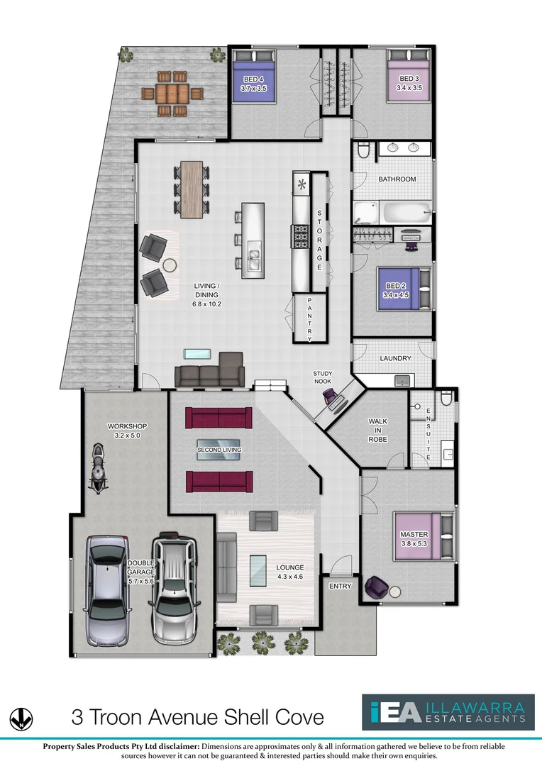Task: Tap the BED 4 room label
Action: [x=253, y=79]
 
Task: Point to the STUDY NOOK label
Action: [x=323, y=377]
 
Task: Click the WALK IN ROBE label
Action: [x=377, y=431]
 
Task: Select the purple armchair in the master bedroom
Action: [x=376, y=587]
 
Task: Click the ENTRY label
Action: [x=341, y=586]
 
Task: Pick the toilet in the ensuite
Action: [x=445, y=399]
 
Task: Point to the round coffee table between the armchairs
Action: [x=170, y=265]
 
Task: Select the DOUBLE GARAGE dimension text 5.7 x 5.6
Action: [x=140, y=581]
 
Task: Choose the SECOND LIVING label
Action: [x=219, y=450]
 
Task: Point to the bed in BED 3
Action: [x=409, y=82]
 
